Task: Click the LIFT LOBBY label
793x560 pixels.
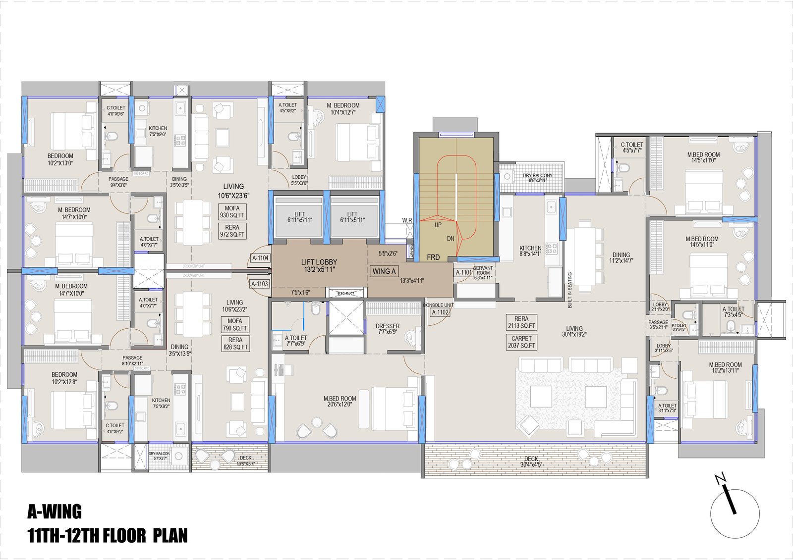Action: [319, 265]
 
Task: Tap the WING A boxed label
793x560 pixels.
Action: [384, 271]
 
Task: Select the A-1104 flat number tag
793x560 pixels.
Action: [260, 258]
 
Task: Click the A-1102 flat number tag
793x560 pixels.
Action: [440, 312]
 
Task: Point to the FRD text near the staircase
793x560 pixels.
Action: [433, 257]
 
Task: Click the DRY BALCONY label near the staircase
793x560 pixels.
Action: [537, 178]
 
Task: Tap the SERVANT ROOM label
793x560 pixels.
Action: [483, 273]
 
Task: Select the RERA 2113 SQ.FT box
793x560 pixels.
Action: [521, 322]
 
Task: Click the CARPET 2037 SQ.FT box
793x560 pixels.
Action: [521, 342]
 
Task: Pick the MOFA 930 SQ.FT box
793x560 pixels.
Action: [232, 212]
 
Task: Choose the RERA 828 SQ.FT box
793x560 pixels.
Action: [235, 344]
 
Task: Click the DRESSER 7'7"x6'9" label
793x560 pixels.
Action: [387, 329]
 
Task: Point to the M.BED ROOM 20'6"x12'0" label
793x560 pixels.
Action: [340, 401]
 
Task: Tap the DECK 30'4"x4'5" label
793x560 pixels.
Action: [531, 461]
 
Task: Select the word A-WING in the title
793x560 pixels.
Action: [55, 511]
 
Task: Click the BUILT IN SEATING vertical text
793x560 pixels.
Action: [570, 290]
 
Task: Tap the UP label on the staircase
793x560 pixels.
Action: [438, 225]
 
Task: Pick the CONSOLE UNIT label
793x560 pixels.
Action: [438, 305]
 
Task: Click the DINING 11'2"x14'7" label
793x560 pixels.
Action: [621, 257]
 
